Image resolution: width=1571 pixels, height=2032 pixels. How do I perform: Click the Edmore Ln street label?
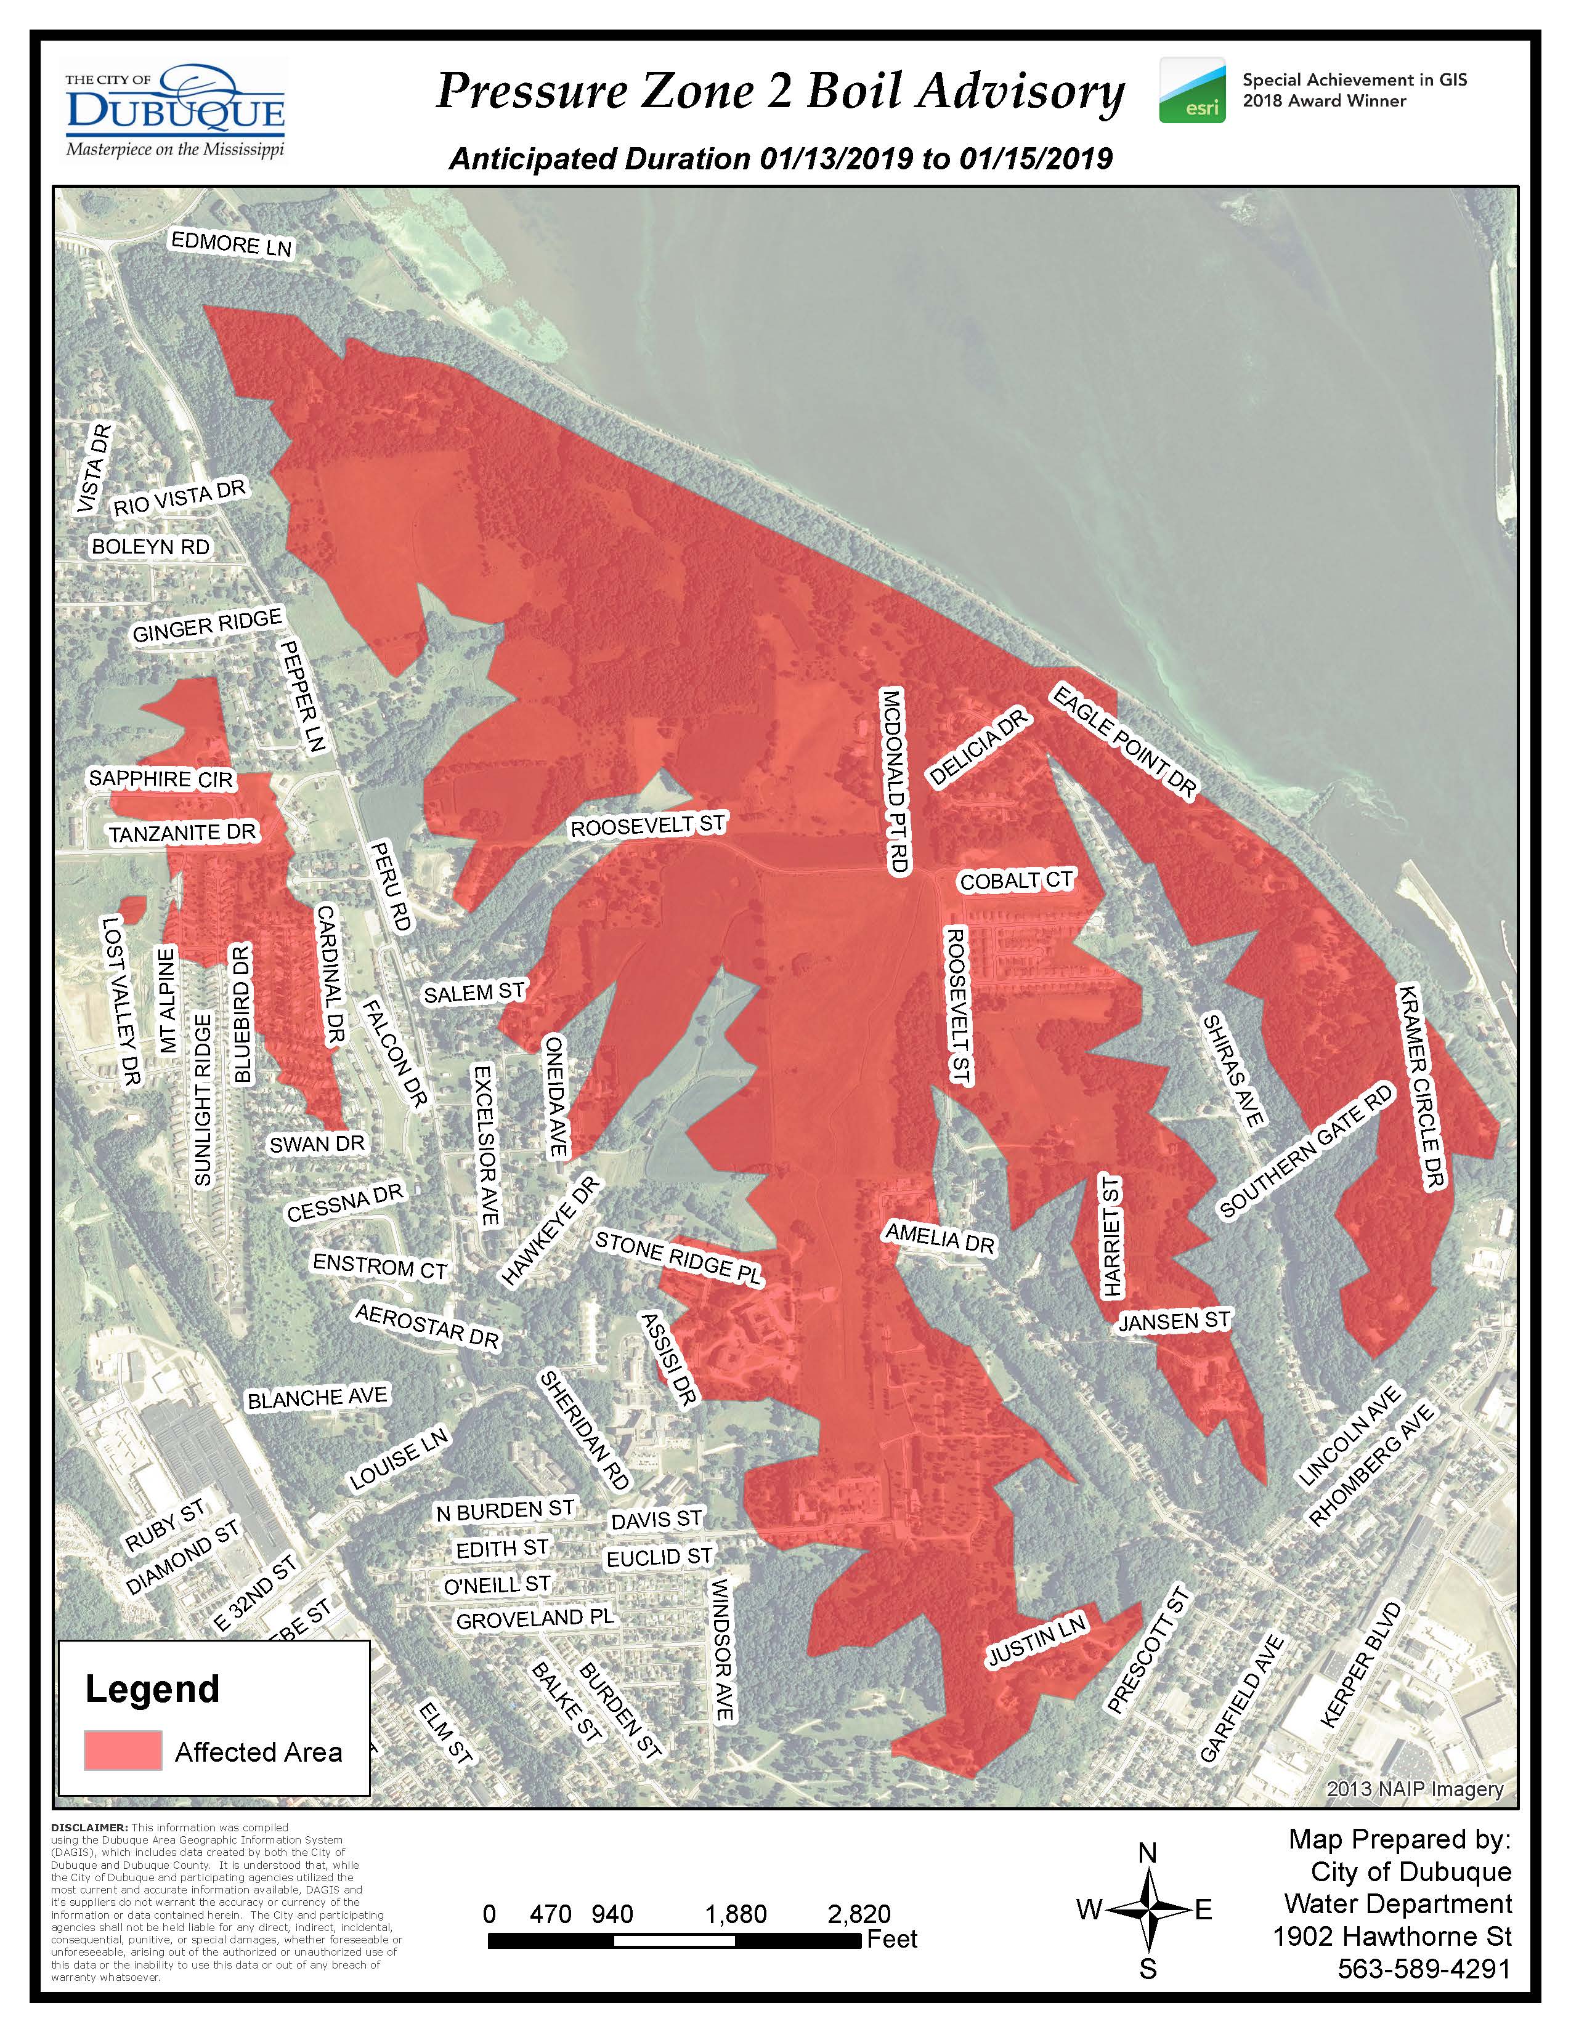(x=231, y=244)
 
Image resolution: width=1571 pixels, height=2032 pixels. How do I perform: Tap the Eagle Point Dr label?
(x=1123, y=741)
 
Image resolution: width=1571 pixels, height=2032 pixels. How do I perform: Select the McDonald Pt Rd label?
(x=895, y=780)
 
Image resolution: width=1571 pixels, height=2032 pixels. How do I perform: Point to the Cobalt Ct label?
(x=1017, y=880)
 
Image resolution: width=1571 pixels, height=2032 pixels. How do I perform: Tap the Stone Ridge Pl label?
(x=678, y=1258)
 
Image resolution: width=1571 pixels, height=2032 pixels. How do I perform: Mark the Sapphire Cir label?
(x=160, y=779)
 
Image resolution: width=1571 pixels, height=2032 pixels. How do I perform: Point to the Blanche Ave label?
(x=317, y=1398)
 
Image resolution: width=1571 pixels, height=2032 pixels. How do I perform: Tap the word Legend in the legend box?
(x=153, y=1688)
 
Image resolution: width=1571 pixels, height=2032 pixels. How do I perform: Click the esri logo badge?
(x=1192, y=91)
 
